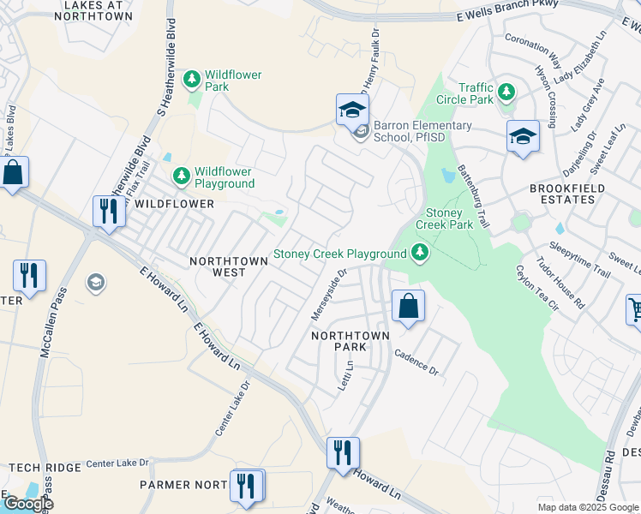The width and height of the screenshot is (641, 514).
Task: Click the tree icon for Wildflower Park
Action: pyautogui.click(x=193, y=80)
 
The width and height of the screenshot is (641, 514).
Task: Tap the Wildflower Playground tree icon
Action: pyautogui.click(x=181, y=176)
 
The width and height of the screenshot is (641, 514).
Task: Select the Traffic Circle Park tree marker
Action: pyautogui.click(x=506, y=92)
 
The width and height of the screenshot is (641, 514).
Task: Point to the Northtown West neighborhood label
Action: pyautogui.click(x=217, y=266)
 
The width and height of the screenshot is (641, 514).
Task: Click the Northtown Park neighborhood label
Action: pyautogui.click(x=350, y=341)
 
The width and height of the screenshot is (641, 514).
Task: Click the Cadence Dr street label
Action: pyautogui.click(x=416, y=362)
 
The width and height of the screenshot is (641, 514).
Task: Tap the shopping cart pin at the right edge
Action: pyautogui.click(x=635, y=311)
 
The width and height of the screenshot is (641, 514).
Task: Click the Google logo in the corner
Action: pyautogui.click(x=27, y=504)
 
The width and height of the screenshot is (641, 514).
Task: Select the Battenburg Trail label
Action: pyautogui.click(x=473, y=197)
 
